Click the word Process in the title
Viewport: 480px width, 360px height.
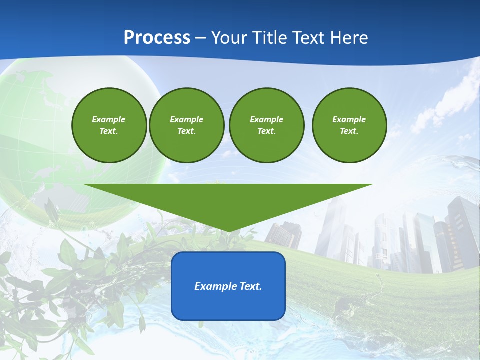click(x=157, y=37)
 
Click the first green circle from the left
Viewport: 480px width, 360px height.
click(x=109, y=125)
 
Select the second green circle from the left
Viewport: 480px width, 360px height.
click(x=186, y=125)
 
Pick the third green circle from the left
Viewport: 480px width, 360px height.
click(x=266, y=125)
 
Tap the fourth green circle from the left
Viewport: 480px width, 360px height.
click(x=349, y=125)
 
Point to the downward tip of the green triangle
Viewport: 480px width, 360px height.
click(x=228, y=231)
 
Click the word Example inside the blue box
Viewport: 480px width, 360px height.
click(x=214, y=286)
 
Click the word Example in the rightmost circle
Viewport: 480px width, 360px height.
click(x=349, y=119)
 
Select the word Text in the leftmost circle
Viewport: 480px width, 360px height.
click(x=109, y=131)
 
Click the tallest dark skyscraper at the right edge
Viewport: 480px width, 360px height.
click(x=462, y=230)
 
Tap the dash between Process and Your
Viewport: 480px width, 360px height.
click(x=200, y=38)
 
